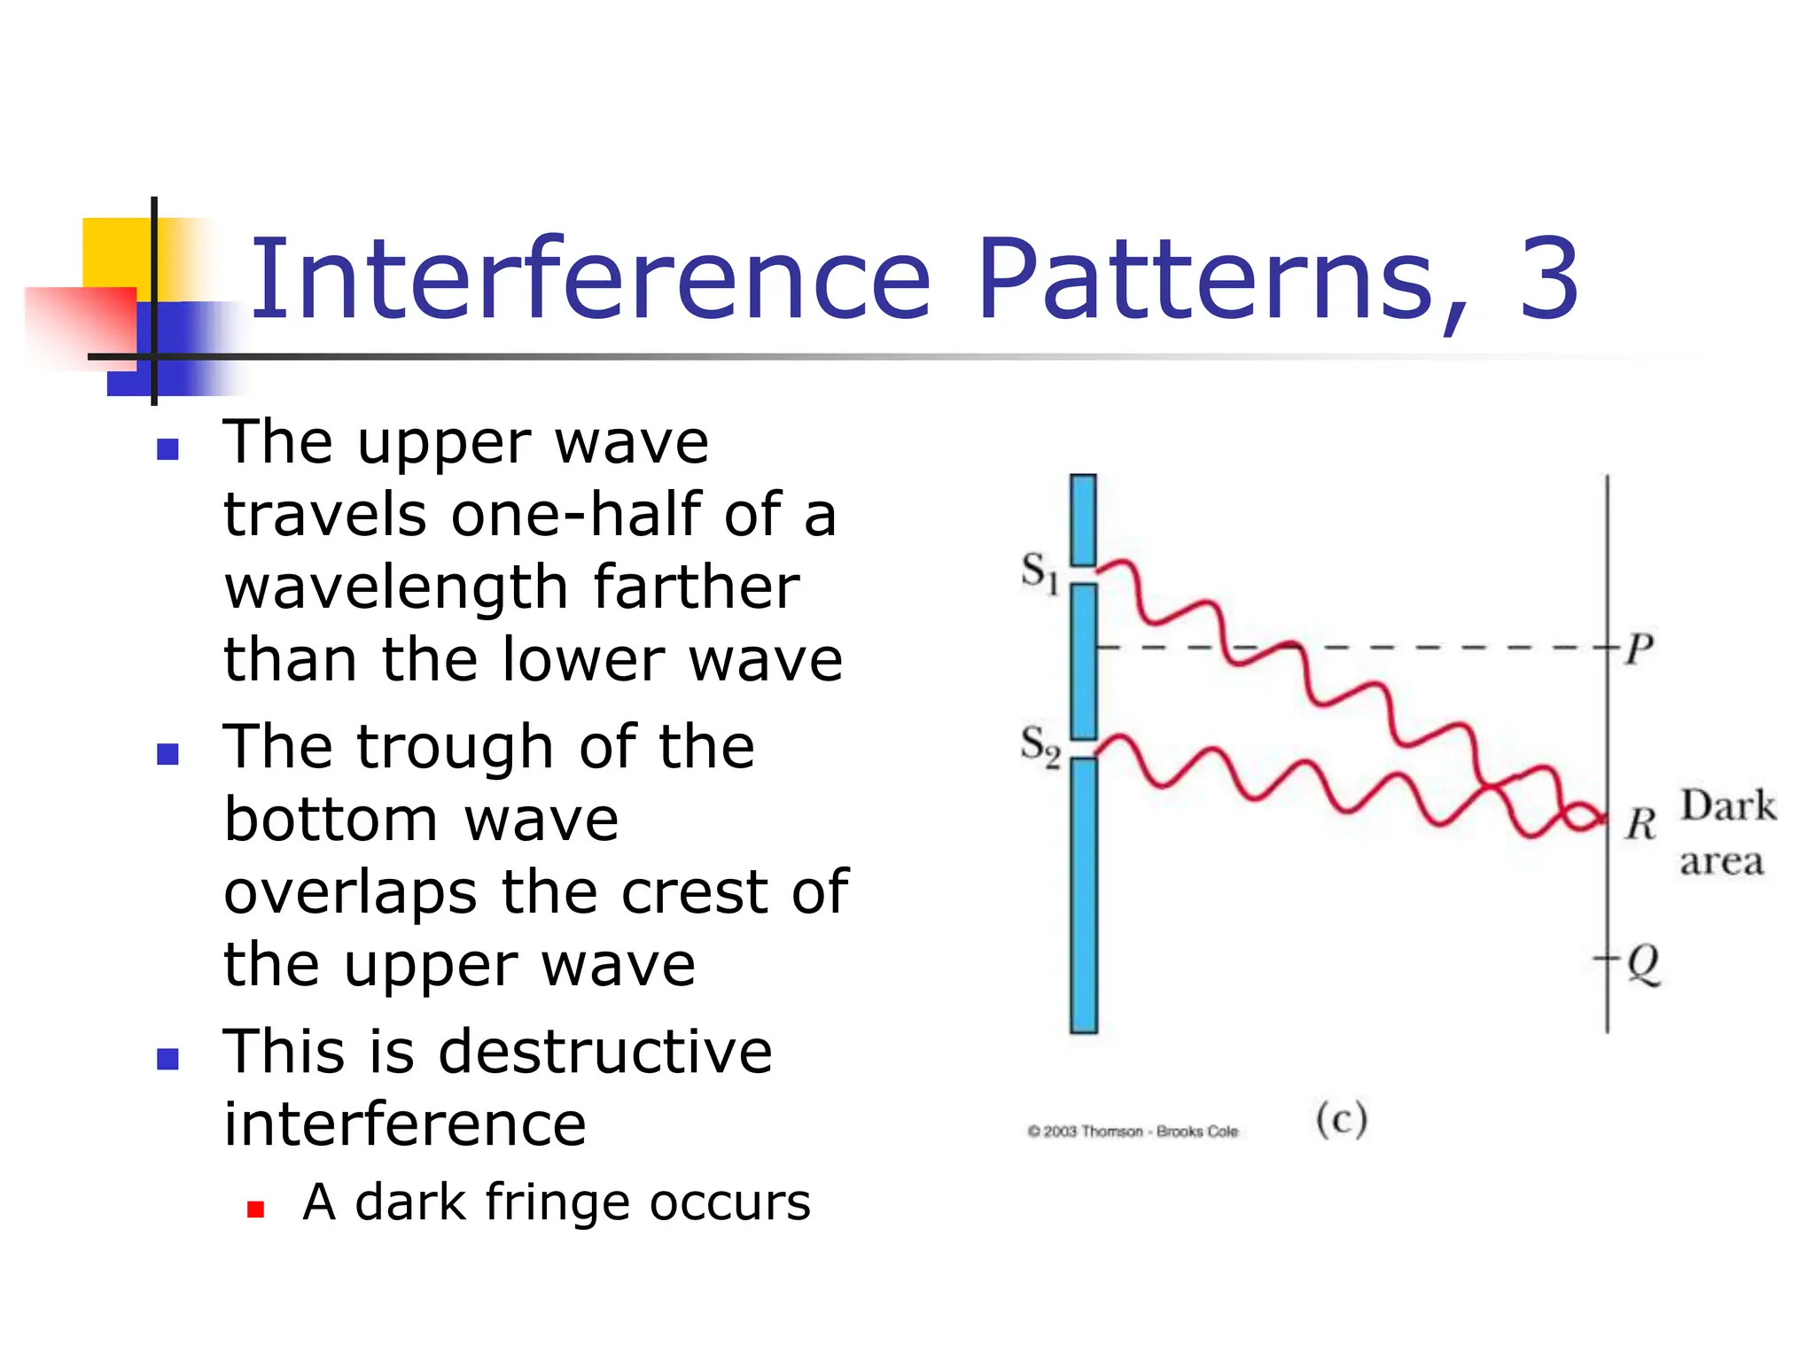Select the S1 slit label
[x=1039, y=572]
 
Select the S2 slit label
[x=1039, y=746]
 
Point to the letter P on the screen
[x=1640, y=649]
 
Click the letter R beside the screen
[x=1640, y=824]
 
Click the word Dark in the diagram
[x=1728, y=806]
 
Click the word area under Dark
[x=1721, y=861]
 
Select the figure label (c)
[x=1341, y=1119]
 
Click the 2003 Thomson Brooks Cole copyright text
[x=1133, y=1132]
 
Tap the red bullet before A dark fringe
[x=256, y=1209]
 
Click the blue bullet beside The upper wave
[x=167, y=449]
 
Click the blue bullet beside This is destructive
[x=167, y=1059]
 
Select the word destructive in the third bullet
[x=605, y=1052]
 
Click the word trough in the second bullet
[x=456, y=748]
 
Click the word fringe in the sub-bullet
[x=557, y=1203]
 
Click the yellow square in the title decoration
[x=115, y=253]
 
